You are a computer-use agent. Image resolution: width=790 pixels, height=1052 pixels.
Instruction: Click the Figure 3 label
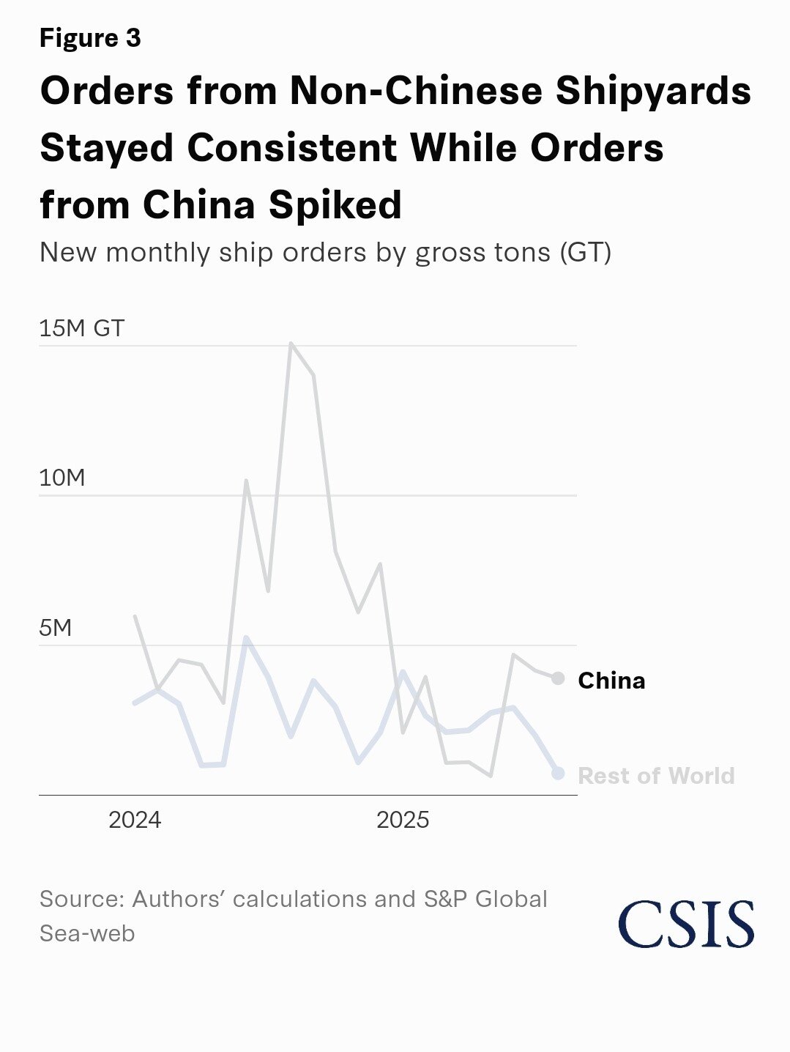pyautogui.click(x=90, y=37)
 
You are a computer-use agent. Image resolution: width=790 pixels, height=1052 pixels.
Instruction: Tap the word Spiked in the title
pyautogui.click(x=335, y=204)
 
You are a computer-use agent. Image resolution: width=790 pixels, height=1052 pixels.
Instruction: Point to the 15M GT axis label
pyautogui.click(x=81, y=328)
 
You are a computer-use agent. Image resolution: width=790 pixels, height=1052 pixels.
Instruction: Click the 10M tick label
pyautogui.click(x=62, y=478)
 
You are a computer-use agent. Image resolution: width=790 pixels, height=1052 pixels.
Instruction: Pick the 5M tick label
pyautogui.click(x=56, y=628)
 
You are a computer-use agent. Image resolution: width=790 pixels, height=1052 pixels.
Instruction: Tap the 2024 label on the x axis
pyautogui.click(x=135, y=820)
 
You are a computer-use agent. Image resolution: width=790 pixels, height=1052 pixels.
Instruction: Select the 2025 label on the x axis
pyautogui.click(x=403, y=820)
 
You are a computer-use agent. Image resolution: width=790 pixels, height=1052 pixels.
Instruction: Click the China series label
pyautogui.click(x=611, y=681)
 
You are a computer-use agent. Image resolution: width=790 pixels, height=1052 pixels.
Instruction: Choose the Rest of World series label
pyautogui.click(x=656, y=776)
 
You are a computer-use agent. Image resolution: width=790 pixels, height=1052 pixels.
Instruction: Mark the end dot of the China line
pyautogui.click(x=558, y=678)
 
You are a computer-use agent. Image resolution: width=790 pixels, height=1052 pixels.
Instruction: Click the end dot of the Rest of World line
pyautogui.click(x=558, y=773)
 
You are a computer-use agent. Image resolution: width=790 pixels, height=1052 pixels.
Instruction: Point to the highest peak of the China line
pyautogui.click(x=291, y=343)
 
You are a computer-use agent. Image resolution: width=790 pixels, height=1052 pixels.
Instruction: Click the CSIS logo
pyautogui.click(x=686, y=924)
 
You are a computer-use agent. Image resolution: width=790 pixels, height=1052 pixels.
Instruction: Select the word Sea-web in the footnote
pyautogui.click(x=87, y=933)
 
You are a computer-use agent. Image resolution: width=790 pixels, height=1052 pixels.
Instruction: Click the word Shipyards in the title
pyautogui.click(x=653, y=91)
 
